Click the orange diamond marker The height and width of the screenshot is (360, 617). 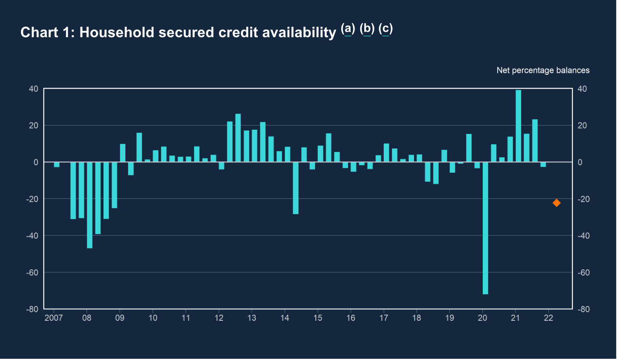point(556,203)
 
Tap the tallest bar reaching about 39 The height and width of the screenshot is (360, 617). point(518,126)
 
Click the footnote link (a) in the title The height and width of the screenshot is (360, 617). point(348,29)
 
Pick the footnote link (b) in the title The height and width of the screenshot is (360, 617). point(367,29)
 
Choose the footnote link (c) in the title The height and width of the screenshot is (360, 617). point(386,29)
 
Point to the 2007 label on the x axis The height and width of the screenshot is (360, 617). point(54,318)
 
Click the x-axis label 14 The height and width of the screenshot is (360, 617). point(285,318)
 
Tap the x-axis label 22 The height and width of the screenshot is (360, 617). point(548,318)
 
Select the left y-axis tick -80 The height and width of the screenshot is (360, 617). point(32,309)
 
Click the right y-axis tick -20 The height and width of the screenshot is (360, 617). point(583,199)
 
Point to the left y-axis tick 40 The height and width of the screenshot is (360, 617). point(34,89)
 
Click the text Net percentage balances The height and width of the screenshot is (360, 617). point(543,70)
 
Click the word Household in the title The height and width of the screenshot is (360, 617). point(117,32)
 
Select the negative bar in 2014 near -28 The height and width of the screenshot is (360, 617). point(296,188)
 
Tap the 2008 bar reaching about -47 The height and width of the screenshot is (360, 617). point(90,205)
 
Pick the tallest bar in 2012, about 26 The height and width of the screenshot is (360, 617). point(238,138)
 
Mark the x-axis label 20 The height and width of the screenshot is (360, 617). point(482,318)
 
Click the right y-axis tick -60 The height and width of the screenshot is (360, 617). point(583,273)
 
